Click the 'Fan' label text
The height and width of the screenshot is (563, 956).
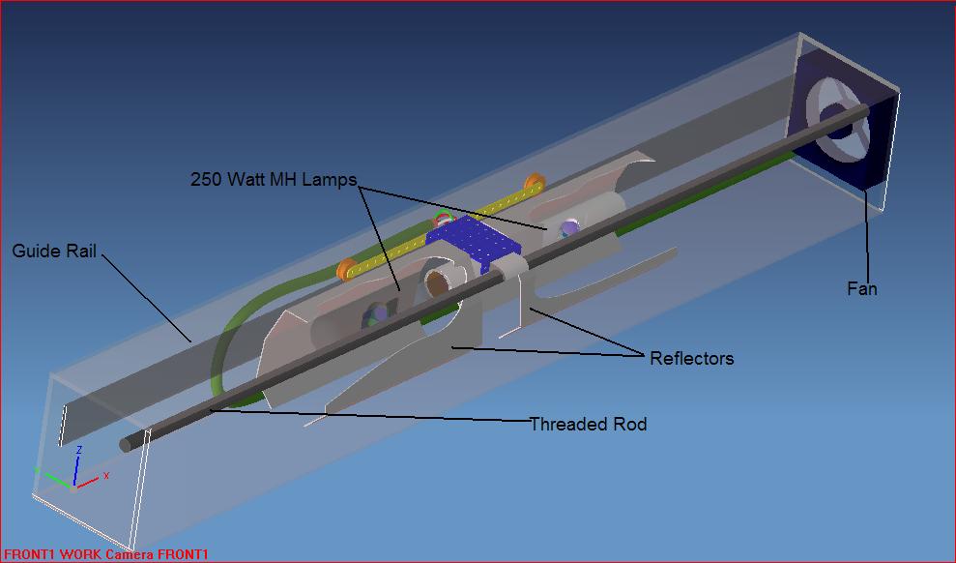click(861, 288)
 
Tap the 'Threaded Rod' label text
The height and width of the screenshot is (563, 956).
click(588, 424)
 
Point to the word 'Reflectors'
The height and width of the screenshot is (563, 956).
click(691, 359)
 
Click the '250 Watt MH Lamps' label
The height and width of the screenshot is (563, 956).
click(274, 180)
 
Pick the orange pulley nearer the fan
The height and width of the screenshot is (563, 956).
click(532, 184)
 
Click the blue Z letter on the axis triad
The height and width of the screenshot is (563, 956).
click(78, 451)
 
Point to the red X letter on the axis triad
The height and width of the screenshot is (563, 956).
click(106, 476)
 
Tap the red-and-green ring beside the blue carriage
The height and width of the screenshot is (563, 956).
click(443, 219)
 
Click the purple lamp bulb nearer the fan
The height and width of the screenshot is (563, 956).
click(569, 228)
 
